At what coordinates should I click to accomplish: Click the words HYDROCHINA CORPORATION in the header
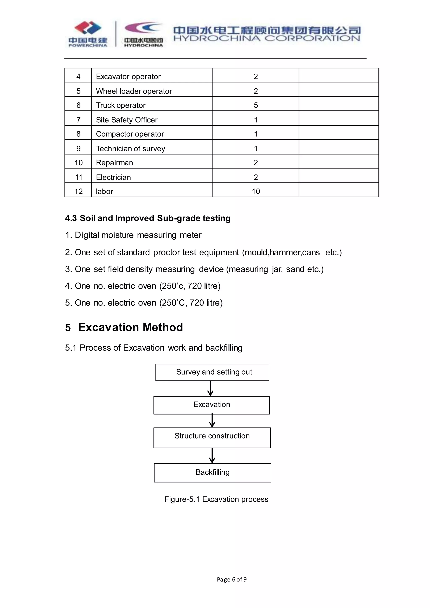coord(266,39)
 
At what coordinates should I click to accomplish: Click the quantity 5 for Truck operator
coord(256,105)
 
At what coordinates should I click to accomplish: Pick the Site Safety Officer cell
coord(127,120)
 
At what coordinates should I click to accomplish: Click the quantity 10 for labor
coord(256,191)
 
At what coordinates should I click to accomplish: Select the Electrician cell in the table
coord(113,177)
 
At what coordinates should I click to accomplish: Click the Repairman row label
coord(114,162)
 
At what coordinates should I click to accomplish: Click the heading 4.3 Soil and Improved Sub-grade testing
coord(148,218)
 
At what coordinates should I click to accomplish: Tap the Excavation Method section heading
coord(130,327)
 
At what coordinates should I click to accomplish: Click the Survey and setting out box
coord(212,372)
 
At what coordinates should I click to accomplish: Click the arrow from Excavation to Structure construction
coord(212,421)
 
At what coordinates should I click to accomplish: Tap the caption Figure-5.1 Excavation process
coord(216,499)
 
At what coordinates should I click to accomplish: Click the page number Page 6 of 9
coord(231,579)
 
